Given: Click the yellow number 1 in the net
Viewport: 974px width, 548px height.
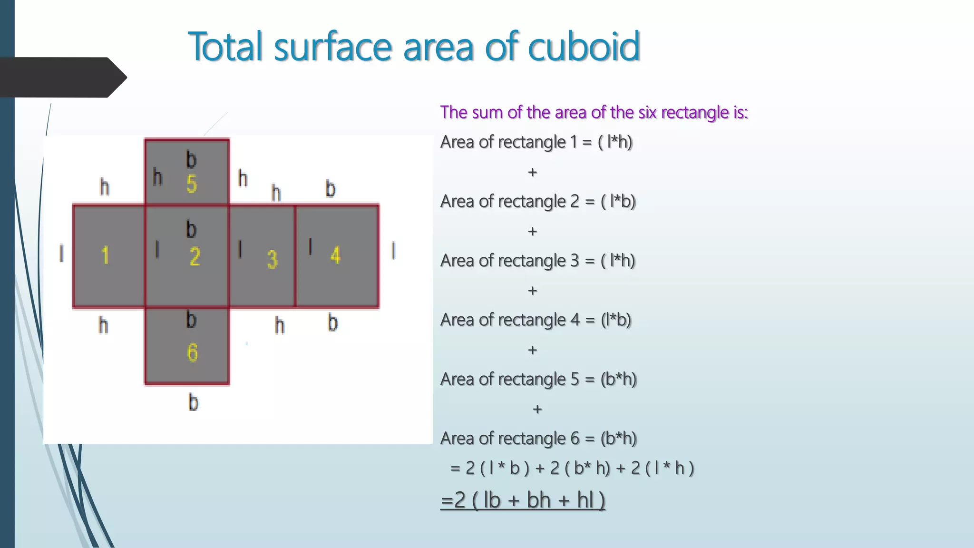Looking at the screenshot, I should coord(105,255).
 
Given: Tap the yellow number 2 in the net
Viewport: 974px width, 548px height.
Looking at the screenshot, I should coord(195,257).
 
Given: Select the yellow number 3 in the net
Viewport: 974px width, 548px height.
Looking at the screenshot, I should coord(272,259).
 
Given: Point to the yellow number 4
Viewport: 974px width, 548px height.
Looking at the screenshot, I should coord(335,255).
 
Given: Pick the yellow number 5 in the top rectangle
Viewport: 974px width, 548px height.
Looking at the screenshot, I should coord(192,184).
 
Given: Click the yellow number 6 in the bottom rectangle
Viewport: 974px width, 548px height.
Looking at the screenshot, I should coord(192,352).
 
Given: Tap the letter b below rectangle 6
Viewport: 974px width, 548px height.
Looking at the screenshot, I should coord(193,402).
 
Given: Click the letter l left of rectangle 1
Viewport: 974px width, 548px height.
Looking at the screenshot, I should coord(61,253).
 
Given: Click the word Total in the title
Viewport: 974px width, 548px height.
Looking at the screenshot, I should coord(225,46).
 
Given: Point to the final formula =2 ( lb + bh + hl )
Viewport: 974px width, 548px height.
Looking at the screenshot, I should coord(523,500).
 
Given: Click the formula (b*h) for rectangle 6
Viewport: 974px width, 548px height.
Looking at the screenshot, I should coord(618,438).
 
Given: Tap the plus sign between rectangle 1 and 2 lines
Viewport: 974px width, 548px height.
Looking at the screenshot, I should coord(532,172).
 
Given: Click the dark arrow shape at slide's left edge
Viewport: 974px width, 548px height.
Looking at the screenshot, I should coord(62,77).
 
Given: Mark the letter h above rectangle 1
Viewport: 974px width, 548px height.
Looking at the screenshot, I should coord(105,187).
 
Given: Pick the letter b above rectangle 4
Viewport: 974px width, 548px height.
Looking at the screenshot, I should coord(331,189).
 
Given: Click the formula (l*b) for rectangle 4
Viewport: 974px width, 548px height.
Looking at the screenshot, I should coord(615,320).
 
